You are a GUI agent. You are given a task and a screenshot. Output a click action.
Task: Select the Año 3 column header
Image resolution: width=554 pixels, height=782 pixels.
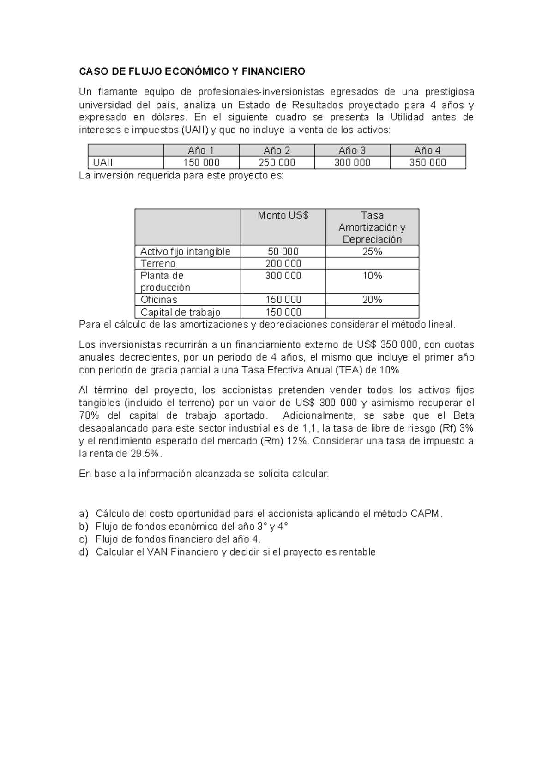click(x=352, y=150)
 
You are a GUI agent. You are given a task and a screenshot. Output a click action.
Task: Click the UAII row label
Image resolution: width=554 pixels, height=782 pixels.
click(x=103, y=162)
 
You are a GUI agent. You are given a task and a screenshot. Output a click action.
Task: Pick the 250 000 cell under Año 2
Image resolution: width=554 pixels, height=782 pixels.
click(x=277, y=162)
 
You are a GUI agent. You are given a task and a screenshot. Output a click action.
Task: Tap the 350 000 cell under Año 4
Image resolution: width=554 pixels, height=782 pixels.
click(x=428, y=162)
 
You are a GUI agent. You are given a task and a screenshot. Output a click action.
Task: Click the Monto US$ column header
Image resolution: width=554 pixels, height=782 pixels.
click(x=283, y=215)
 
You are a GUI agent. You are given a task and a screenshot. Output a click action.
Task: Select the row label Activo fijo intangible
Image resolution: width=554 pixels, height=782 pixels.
click(x=185, y=251)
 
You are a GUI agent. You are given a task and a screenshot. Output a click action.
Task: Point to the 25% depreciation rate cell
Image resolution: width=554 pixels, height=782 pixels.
click(x=372, y=251)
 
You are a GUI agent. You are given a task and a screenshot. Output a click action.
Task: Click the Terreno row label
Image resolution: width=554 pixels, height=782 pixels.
click(x=158, y=263)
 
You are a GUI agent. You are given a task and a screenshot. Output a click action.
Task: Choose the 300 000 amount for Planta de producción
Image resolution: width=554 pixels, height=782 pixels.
click(x=283, y=275)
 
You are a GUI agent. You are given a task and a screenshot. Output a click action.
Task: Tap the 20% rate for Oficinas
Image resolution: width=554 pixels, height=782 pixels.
click(x=372, y=300)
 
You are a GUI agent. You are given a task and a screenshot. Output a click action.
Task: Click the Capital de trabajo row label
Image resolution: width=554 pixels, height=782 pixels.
click(x=180, y=312)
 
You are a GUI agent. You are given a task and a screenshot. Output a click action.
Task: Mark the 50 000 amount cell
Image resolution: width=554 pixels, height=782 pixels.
click(x=283, y=251)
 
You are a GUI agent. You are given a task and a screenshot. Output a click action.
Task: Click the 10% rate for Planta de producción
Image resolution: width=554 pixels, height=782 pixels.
click(x=372, y=275)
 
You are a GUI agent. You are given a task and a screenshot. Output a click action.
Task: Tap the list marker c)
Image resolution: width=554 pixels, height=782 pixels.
click(x=84, y=539)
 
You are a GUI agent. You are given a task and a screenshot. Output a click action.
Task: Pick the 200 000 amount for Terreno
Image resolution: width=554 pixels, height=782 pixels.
click(x=283, y=263)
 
